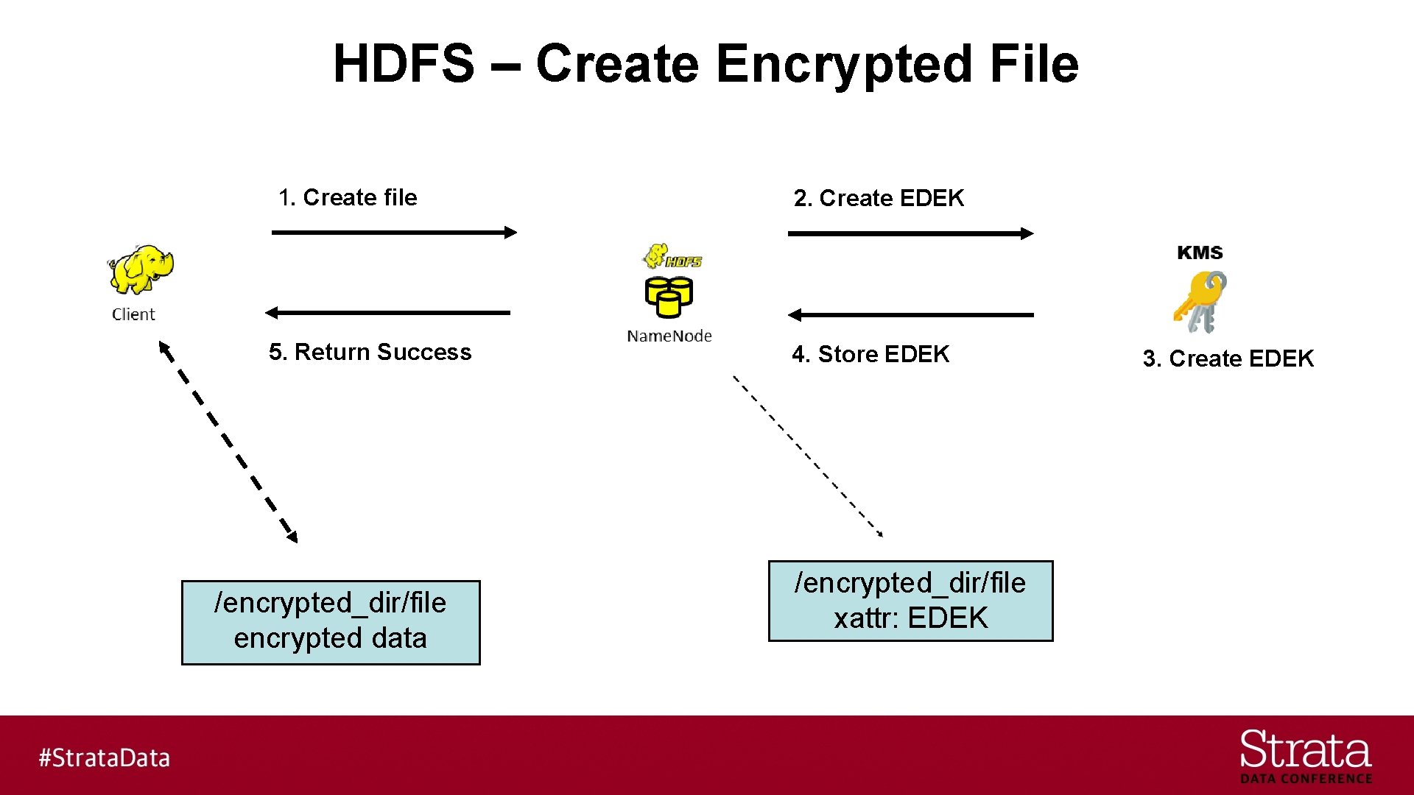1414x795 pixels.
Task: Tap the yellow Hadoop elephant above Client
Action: coord(141,269)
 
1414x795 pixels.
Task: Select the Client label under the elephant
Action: coord(133,314)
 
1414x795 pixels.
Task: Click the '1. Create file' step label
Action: coord(348,197)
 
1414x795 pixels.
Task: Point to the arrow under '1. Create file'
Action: coord(394,233)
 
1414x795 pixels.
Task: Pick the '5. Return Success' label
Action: coord(370,352)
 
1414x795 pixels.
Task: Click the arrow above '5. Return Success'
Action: coord(387,313)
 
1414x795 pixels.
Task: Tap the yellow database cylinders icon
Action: coord(669,296)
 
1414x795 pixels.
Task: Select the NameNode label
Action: coord(669,336)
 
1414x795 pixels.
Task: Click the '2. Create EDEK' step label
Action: coord(879,198)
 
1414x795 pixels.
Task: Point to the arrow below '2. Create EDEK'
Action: coord(910,233)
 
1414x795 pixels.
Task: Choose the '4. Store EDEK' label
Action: coord(870,354)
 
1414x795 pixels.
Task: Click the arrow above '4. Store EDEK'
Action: coord(910,315)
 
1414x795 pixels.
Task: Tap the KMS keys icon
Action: coord(1200,301)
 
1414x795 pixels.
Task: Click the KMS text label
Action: coord(1200,252)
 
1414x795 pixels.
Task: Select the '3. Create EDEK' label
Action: coord(1228,358)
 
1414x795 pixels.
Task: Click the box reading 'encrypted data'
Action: coord(331,622)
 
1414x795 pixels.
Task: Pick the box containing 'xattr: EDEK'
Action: coord(910,601)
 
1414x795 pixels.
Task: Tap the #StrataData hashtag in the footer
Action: coord(105,757)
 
